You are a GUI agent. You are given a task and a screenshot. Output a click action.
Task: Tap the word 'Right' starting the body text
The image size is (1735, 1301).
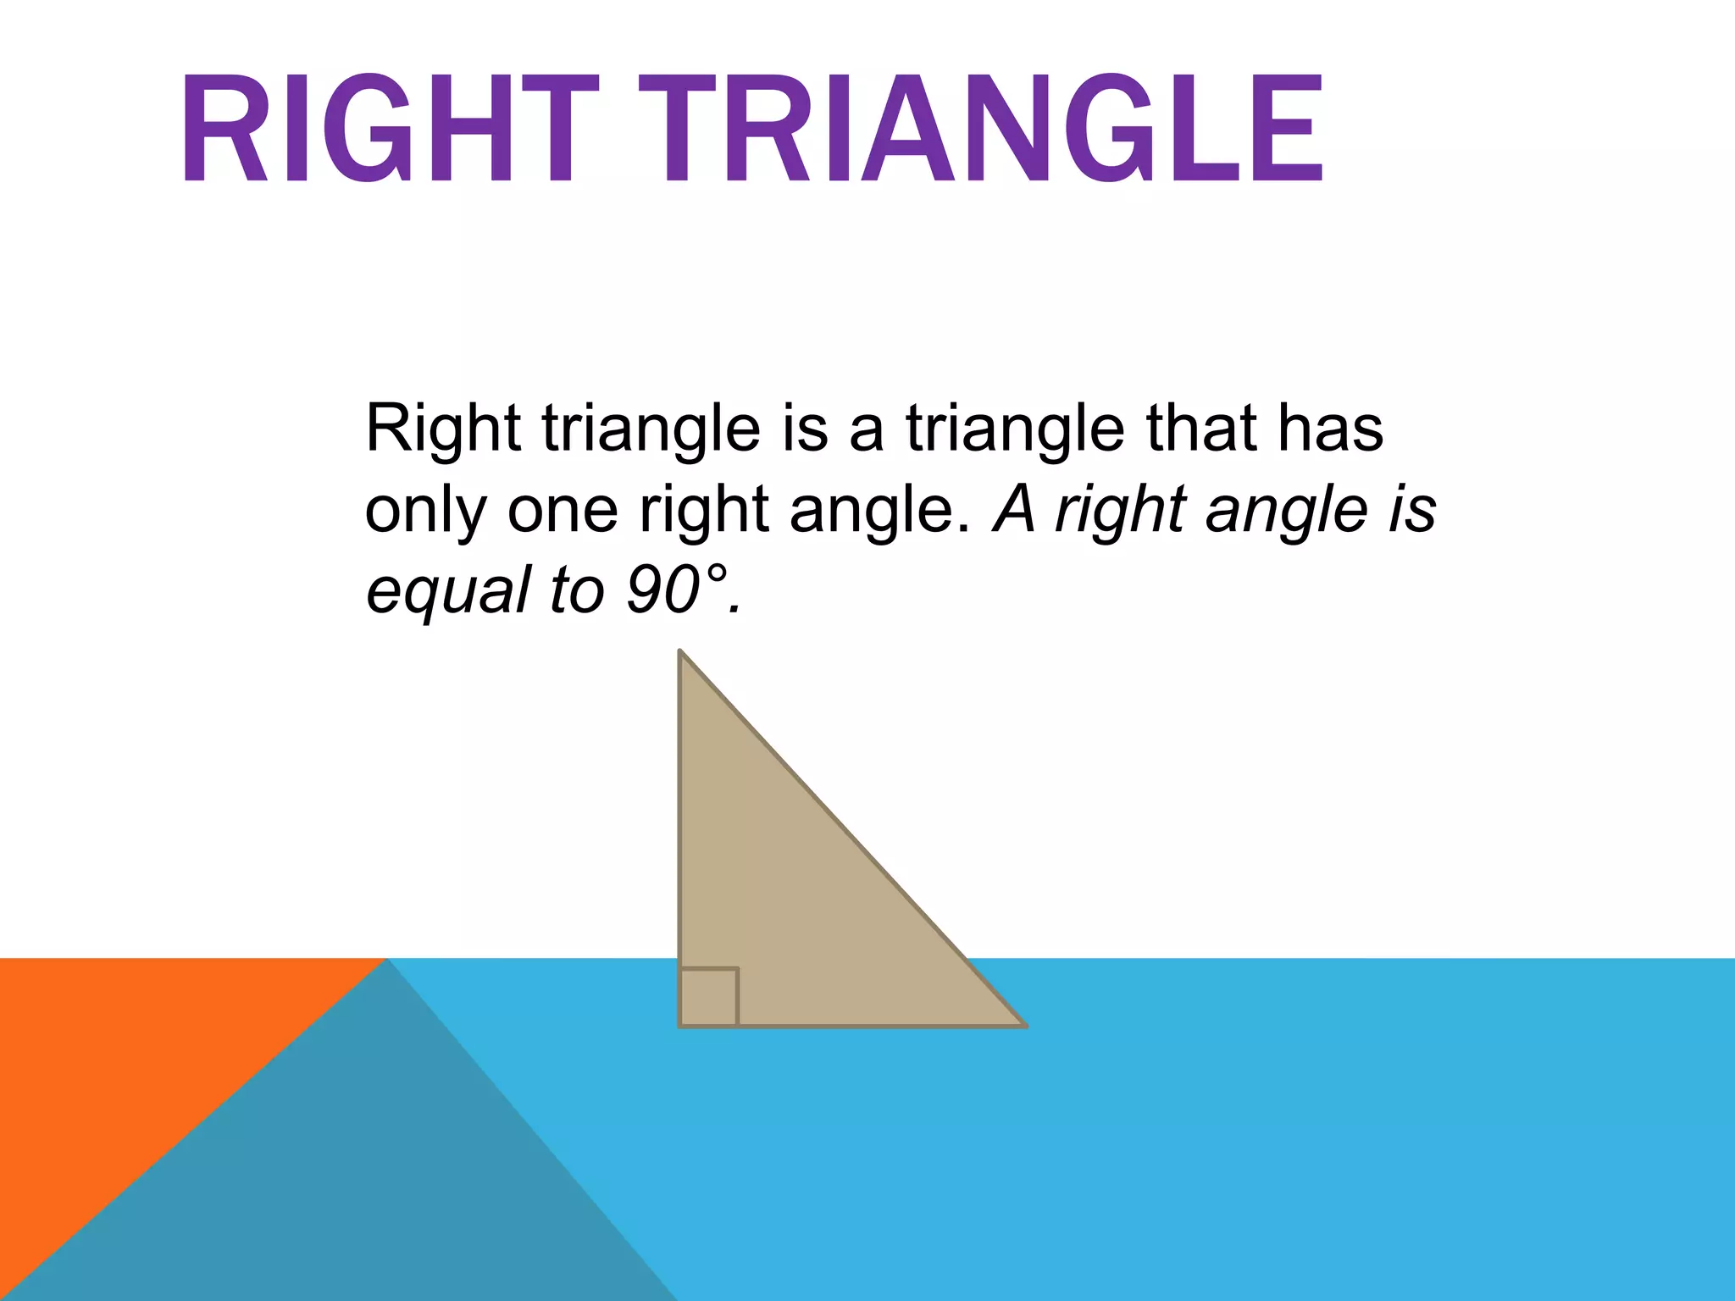pos(442,429)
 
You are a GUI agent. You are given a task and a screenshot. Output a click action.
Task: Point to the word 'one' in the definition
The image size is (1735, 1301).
pos(563,511)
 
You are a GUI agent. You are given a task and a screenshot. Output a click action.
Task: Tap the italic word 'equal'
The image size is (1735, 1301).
pos(448,591)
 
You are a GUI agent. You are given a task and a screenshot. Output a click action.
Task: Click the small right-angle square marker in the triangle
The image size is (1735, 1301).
pos(709,997)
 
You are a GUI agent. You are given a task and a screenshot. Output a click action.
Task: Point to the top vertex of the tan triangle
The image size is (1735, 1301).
pos(680,652)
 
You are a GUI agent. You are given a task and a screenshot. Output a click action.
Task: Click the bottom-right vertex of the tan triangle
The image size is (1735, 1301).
pos(1025,1026)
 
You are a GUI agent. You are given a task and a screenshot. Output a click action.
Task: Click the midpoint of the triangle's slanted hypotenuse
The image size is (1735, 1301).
pos(853,839)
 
